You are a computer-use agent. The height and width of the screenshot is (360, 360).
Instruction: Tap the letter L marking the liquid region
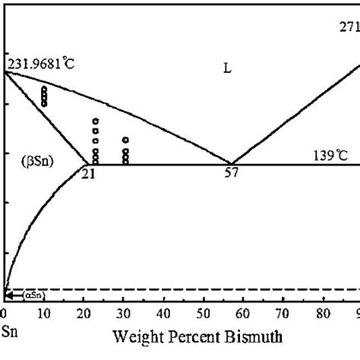tap(227, 69)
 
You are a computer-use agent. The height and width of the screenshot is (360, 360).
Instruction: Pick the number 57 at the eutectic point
tap(231, 173)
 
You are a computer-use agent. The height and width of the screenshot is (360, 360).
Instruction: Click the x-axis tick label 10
tap(44, 312)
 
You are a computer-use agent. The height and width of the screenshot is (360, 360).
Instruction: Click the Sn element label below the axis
tap(9, 332)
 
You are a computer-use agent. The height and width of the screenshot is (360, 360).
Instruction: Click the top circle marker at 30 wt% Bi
tap(125, 140)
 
